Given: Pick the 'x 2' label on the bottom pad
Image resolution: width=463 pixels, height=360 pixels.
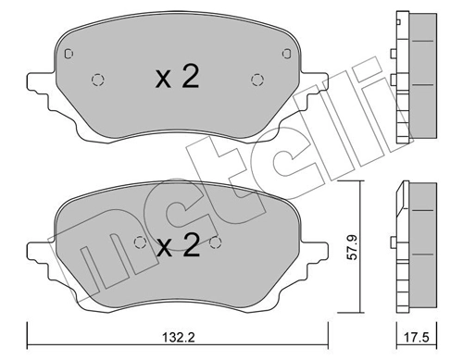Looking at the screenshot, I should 177,246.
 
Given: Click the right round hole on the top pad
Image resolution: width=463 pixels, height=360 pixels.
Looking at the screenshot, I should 256,80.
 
